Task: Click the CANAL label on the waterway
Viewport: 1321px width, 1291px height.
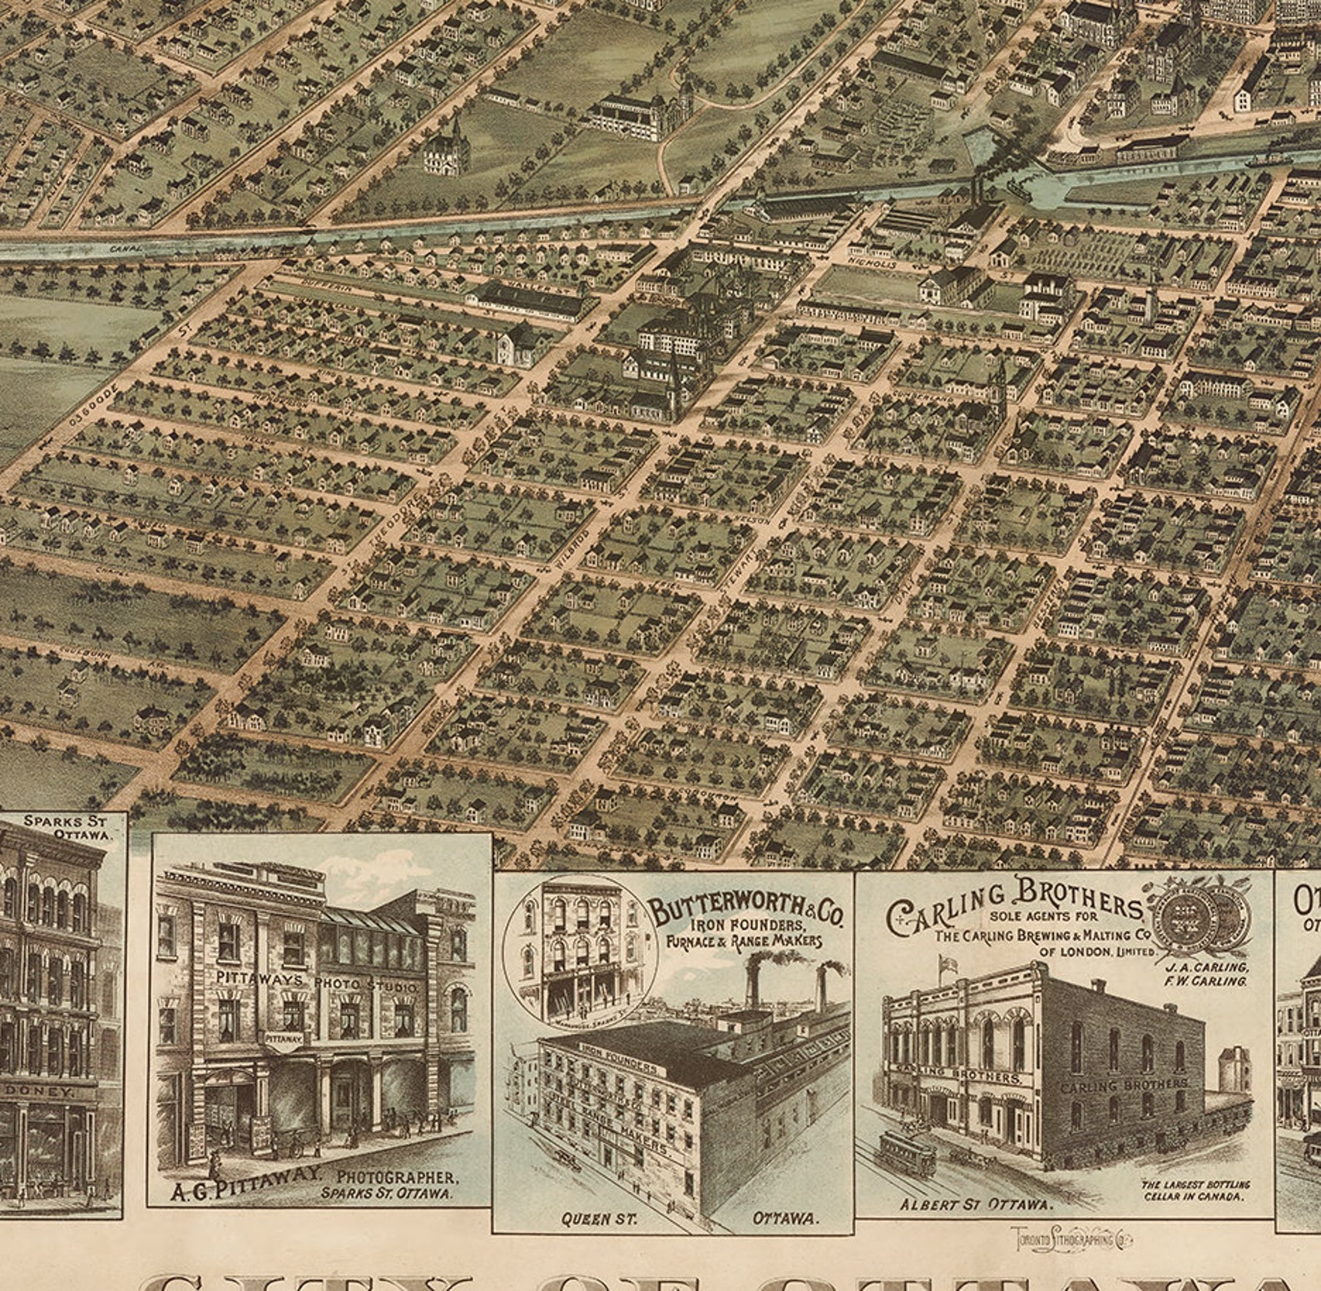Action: click(131, 247)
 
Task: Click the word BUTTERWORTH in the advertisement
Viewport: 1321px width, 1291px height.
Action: click(721, 909)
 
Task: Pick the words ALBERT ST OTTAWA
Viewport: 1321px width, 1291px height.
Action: click(965, 1203)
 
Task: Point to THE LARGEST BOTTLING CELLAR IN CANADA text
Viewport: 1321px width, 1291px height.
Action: click(1195, 1190)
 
